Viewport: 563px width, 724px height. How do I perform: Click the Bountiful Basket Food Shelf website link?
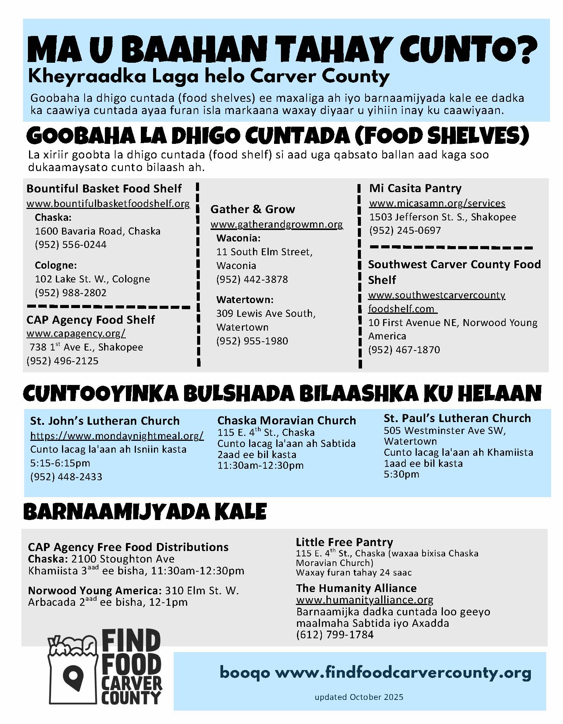108,203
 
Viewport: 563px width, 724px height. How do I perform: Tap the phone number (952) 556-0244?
71,245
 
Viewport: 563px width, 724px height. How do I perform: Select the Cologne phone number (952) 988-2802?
71,293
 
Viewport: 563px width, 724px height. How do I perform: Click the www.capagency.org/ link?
76,333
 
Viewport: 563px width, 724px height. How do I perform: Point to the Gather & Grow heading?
253,209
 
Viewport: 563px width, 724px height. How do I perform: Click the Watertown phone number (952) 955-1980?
252,341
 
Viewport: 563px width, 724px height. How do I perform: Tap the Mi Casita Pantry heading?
415,188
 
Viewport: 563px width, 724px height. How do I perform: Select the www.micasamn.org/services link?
437,203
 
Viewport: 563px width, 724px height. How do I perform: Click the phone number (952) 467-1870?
404,350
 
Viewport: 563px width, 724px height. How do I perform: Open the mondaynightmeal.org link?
117,435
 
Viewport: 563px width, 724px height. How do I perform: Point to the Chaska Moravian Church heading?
287,420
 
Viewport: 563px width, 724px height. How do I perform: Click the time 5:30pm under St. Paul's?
401,474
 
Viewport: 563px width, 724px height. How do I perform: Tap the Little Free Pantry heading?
344,542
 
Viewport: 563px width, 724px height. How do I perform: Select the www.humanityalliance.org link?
365,600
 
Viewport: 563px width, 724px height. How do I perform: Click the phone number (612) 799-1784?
335,634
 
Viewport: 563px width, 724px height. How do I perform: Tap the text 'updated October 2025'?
359,697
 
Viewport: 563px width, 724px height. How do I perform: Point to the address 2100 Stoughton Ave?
123,559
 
